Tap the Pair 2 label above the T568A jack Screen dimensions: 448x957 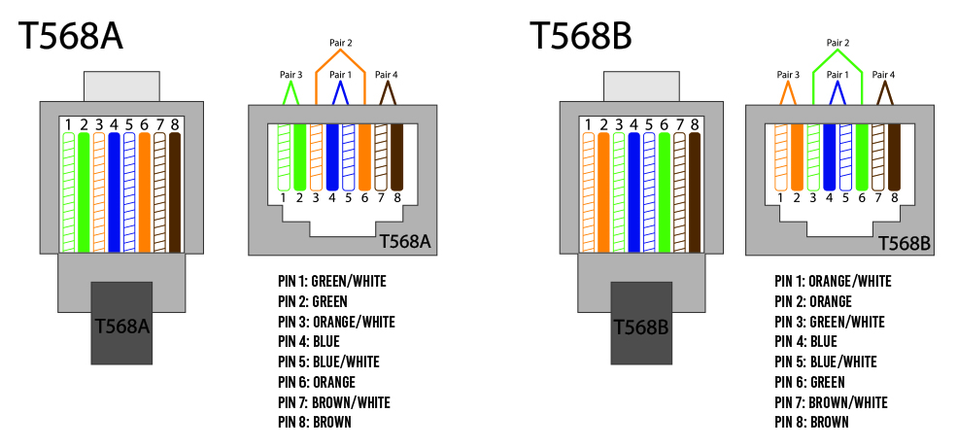[341, 43]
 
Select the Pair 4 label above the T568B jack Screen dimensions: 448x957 [883, 75]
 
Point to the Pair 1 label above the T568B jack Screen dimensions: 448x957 [837, 75]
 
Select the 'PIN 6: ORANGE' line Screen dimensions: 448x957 [316, 382]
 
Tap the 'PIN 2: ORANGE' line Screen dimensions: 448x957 [813, 302]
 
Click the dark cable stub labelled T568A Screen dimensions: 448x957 [121, 325]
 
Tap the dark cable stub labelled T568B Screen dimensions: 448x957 [640, 325]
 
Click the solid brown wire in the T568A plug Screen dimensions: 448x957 [174, 191]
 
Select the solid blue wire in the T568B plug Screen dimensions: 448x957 [634, 191]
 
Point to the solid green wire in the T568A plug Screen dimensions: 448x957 [85, 191]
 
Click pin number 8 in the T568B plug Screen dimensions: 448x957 [694, 124]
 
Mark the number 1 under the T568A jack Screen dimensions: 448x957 [283, 198]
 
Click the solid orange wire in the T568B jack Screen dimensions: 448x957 [797, 155]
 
